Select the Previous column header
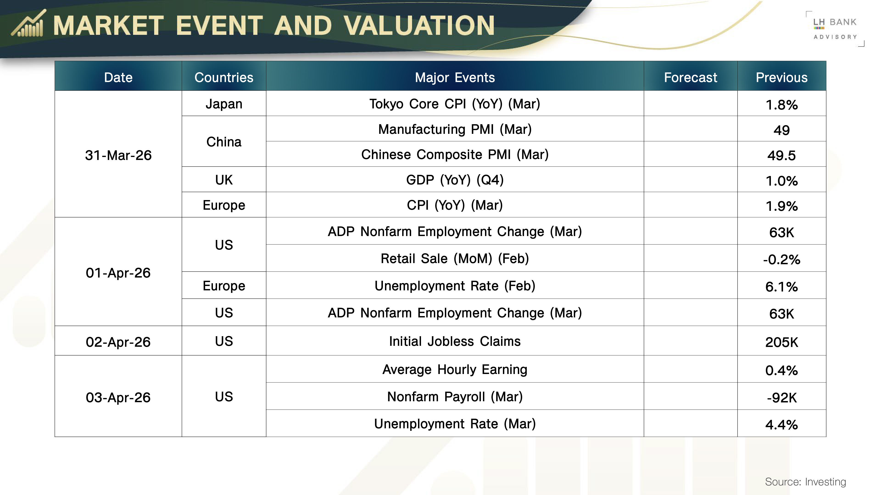point(781,77)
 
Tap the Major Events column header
point(455,77)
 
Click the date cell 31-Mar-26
point(118,155)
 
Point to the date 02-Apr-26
point(118,342)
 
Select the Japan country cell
point(224,104)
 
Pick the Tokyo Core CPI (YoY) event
point(455,104)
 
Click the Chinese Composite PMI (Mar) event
point(455,154)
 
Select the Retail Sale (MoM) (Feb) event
point(455,258)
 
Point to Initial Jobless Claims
point(455,341)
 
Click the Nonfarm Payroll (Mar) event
point(455,397)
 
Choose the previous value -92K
point(781,398)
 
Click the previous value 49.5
point(781,155)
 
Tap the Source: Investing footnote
point(806,482)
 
